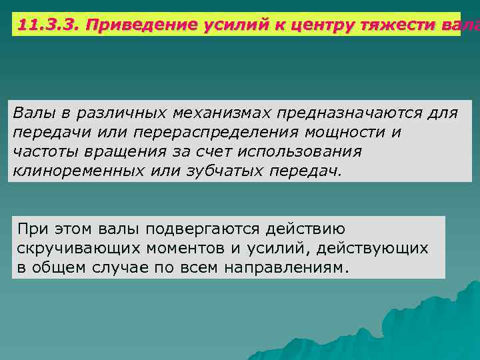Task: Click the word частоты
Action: (x=43, y=151)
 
